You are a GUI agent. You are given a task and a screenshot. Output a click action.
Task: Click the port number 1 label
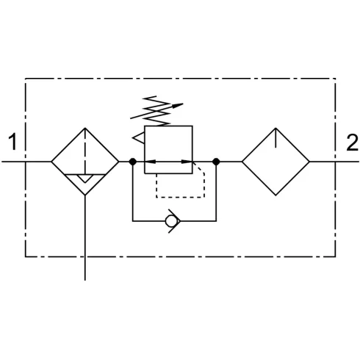12,142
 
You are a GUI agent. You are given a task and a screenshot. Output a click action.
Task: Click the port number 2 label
352,143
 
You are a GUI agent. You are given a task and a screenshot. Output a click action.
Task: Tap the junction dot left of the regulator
133,162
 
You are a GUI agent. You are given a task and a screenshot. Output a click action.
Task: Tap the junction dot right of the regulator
216,162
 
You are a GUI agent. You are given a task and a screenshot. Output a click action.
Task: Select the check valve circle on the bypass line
170,221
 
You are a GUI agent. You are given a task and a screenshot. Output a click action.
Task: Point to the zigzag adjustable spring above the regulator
156,111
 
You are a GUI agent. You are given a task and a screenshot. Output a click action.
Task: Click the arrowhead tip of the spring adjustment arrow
183,104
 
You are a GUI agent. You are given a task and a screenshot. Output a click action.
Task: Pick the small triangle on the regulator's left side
138,138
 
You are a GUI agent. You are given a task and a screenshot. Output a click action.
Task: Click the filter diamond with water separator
68,145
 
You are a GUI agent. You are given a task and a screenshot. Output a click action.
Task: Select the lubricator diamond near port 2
259,145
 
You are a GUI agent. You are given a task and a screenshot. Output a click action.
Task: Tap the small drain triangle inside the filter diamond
85,179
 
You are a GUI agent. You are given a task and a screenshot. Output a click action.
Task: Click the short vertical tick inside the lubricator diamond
276,138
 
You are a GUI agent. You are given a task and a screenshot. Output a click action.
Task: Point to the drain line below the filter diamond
85,238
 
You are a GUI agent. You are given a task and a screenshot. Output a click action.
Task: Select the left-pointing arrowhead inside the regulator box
150,162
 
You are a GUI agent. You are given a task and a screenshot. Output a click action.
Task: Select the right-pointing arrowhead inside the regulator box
187,162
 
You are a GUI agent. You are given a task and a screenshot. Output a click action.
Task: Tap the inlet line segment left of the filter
26,162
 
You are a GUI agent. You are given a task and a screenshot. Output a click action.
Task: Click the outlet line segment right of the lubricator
334,162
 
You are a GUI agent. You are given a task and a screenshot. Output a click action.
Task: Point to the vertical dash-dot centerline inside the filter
85,151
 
